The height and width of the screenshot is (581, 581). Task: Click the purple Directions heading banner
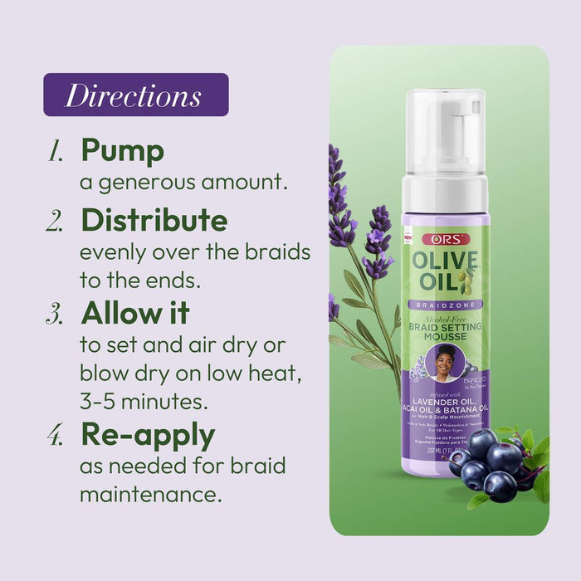point(135,95)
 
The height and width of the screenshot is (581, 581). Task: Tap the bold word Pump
point(122,151)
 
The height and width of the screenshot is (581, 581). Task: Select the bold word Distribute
point(154,220)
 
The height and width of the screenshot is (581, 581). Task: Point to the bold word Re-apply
point(148,435)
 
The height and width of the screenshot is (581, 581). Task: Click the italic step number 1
point(56,153)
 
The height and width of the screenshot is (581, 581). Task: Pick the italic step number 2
point(56,222)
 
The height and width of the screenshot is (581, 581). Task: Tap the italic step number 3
point(56,314)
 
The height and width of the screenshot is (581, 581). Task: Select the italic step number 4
point(56,437)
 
